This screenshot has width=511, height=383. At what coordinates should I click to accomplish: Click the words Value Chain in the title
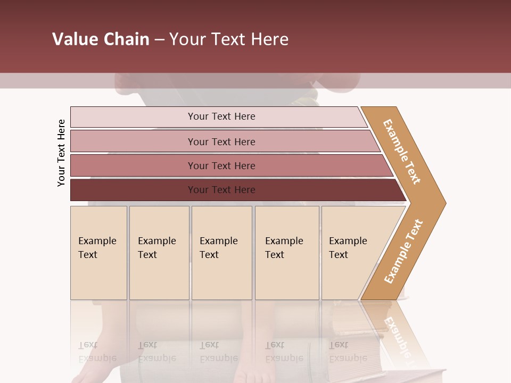[x=101, y=39]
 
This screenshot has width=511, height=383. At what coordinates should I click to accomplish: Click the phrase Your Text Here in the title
[x=229, y=39]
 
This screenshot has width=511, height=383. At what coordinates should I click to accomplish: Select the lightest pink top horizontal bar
[x=133, y=117]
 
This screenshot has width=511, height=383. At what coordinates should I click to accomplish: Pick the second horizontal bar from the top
[x=133, y=141]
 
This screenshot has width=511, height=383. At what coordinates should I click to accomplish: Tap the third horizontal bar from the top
[x=133, y=165]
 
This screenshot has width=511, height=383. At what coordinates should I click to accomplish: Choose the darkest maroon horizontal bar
[x=133, y=190]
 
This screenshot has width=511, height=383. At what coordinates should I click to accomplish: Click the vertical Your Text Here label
[x=61, y=153]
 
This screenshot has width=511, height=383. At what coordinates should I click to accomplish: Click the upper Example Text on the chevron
[x=402, y=152]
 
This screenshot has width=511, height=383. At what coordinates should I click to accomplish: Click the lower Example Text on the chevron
[x=403, y=251]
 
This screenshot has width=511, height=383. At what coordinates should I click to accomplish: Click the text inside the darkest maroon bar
[x=221, y=190]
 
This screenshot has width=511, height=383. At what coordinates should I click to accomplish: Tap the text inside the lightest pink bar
[x=221, y=116]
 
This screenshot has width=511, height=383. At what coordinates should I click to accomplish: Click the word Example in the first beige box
[x=97, y=241]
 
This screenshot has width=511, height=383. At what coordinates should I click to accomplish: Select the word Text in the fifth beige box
[x=338, y=255]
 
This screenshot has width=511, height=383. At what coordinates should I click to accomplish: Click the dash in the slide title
[x=159, y=40]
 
